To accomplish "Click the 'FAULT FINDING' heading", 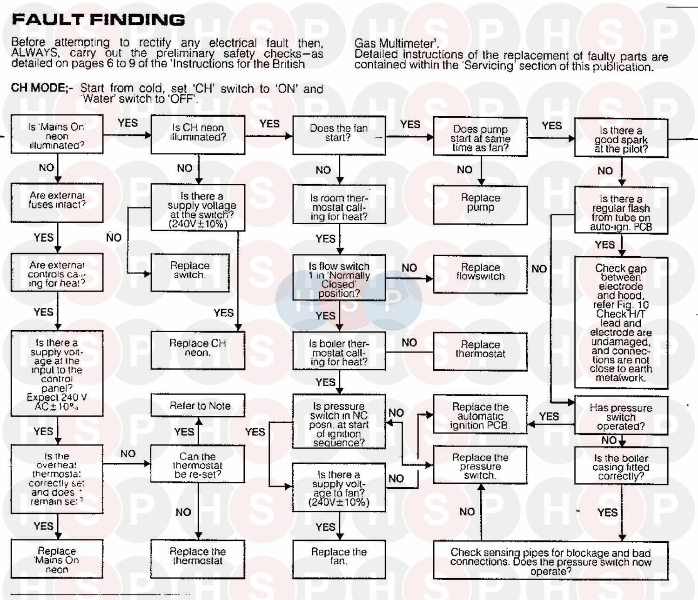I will coord(98,20).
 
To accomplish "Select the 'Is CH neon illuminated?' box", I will coord(198,134).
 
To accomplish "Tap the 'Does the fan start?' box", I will coord(339,135).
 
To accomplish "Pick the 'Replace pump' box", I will coord(480,205).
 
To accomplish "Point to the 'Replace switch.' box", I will coord(190,273).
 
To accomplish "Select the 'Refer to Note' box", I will coord(198,405).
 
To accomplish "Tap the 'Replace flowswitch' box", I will coord(480,274).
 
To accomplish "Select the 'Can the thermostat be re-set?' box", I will coord(197,464).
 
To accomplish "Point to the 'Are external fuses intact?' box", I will coord(57,202).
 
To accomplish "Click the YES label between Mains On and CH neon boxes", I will coord(128,123).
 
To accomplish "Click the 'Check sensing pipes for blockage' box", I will coord(550,560).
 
